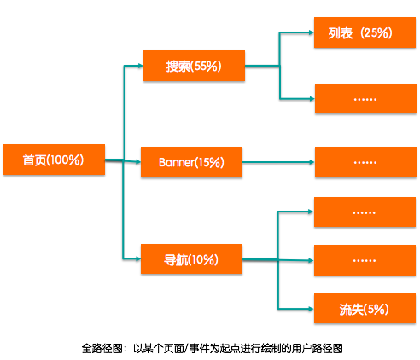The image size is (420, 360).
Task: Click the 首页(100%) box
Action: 53,160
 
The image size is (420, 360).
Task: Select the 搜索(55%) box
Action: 193,66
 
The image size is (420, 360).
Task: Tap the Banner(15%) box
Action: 191,161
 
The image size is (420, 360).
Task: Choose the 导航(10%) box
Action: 191,259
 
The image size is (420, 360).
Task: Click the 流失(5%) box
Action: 365,309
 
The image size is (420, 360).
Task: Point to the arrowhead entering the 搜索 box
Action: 139,65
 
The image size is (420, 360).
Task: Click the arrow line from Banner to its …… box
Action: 278,161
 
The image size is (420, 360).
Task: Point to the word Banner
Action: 177,161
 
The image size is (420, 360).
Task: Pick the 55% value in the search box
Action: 207,66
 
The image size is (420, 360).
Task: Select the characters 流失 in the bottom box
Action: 351,309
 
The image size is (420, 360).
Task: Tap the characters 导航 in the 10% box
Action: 176,259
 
